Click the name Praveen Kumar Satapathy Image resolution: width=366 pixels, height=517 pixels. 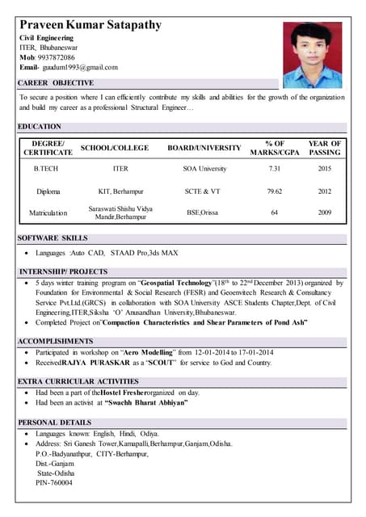point(90,25)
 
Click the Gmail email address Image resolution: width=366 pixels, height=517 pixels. point(79,68)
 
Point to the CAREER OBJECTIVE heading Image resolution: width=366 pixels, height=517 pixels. point(56,83)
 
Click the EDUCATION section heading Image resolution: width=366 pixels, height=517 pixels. point(40,127)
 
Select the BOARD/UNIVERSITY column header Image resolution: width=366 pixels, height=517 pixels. point(204,149)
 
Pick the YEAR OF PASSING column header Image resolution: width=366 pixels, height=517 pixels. point(325,149)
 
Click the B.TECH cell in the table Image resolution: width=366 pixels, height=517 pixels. point(47,170)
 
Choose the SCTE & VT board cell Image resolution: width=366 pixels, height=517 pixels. point(203,192)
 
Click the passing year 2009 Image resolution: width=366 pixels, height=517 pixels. point(325,213)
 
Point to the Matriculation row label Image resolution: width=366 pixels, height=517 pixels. point(48,213)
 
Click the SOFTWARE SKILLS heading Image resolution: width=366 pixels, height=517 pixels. point(53,238)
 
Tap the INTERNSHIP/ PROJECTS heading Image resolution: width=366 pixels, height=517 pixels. point(63,271)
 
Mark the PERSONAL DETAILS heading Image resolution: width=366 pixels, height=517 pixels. point(55,422)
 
